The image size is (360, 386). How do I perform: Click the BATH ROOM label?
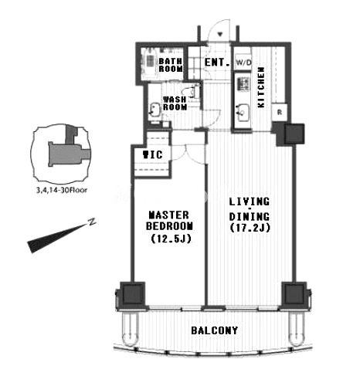(x=171, y=65)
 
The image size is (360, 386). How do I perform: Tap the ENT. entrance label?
(x=217, y=63)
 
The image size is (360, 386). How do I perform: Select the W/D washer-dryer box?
(x=243, y=62)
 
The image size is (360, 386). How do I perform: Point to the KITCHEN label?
(x=261, y=87)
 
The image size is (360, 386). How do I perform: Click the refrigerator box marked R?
(x=280, y=113)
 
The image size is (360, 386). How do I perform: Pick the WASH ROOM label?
(x=175, y=103)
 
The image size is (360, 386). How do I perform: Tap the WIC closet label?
(x=153, y=154)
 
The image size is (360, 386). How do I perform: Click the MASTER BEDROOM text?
(x=169, y=220)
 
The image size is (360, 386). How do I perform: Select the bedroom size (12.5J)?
(x=171, y=239)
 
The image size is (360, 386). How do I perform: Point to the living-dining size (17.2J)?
(x=250, y=228)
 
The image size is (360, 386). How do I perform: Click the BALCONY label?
(x=215, y=330)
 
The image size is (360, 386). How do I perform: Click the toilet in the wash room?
(x=191, y=91)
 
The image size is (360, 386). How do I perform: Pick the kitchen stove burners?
(x=243, y=84)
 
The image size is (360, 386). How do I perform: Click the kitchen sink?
(x=243, y=113)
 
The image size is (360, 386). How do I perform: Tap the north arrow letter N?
(x=91, y=222)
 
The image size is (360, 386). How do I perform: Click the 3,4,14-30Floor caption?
(x=62, y=190)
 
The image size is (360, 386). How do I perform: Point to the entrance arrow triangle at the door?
(x=220, y=34)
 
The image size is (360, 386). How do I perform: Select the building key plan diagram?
(x=61, y=153)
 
